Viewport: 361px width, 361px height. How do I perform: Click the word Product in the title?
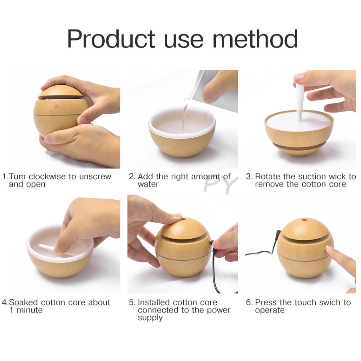111,39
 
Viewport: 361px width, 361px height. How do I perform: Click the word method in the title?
255,39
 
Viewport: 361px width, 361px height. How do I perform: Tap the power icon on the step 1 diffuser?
57,107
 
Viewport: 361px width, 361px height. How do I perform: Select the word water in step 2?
148,184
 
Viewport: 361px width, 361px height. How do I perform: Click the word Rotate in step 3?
268,176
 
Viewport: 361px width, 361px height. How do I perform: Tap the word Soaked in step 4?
23,302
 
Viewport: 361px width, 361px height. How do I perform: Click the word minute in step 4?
30,310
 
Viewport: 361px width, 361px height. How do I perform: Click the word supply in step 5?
150,318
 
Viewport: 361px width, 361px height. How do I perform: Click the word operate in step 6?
270,310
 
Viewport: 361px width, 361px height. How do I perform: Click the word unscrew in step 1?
95,176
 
